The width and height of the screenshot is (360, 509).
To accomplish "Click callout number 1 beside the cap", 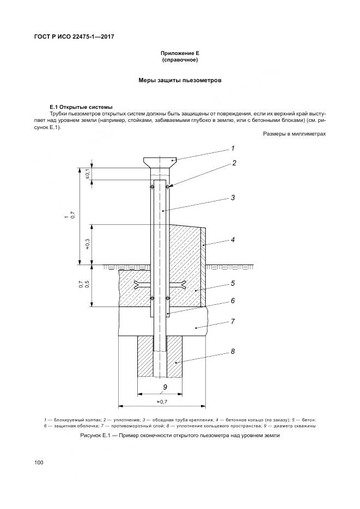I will coord(233,148).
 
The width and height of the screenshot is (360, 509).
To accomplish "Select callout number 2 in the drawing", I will coord(234,163).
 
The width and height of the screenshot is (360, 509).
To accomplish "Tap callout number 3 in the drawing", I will coord(233,198).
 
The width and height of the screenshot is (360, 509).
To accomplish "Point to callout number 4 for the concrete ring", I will coord(233,239).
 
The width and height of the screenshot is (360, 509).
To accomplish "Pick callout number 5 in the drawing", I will coord(233,283).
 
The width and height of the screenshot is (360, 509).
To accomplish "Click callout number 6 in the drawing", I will coord(233,300).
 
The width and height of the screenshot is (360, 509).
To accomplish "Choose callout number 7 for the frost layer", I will coord(233,321).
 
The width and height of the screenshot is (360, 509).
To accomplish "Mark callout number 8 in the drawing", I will coord(233,351).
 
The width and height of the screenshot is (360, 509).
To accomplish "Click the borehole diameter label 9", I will coord(164,388).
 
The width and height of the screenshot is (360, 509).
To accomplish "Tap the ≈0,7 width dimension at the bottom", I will coord(162,401).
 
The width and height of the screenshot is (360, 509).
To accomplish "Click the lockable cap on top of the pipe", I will coord(161,161).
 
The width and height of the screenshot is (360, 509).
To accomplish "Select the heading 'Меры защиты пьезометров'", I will coord(179,80).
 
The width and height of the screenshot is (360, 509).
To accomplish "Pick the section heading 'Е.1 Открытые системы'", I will coord(81,106).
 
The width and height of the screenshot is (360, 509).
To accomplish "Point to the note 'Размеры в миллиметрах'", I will coord(294,133).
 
